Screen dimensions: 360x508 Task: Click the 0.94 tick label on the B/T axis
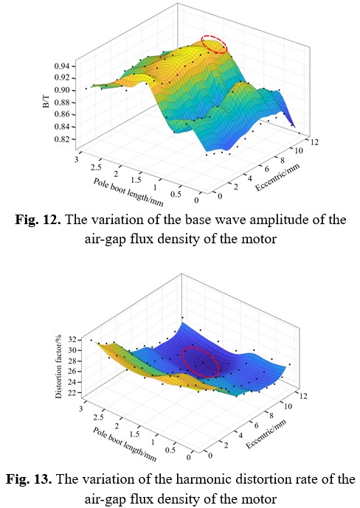point(61,66)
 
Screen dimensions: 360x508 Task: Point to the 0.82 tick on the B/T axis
point(61,139)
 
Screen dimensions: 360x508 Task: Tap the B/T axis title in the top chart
point(46,102)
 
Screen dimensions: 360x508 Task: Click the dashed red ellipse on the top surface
point(214,45)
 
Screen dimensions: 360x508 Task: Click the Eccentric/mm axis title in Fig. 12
point(277,177)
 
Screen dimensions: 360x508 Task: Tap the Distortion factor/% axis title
point(58,366)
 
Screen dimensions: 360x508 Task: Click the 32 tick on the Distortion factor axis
point(72,340)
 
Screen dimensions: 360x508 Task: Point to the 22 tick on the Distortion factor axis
point(72,393)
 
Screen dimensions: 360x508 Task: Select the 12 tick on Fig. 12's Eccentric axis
point(314,142)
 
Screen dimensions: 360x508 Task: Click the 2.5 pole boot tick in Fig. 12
point(96,167)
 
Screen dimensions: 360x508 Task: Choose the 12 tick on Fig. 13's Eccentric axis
point(303,396)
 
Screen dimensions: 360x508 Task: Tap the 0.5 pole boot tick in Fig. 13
point(170,450)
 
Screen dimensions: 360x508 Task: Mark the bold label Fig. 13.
point(30,479)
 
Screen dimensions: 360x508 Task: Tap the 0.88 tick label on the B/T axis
point(61,102)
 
